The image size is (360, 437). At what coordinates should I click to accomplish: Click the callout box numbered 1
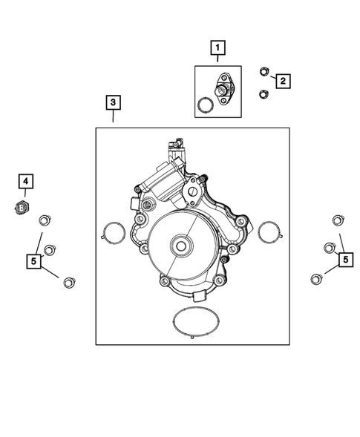[x=217, y=50]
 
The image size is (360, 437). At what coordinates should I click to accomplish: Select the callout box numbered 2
[x=283, y=81]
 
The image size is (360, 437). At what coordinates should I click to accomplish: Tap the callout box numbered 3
[x=113, y=102]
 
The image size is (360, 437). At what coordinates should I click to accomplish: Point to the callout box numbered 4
[x=24, y=181]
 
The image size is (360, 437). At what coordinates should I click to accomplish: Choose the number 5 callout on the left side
[x=33, y=260]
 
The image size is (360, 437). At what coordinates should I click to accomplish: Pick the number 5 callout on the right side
[x=345, y=259]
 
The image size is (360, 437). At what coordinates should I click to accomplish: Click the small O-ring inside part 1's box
[x=205, y=105]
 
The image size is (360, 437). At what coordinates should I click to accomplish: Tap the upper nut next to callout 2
[x=264, y=71]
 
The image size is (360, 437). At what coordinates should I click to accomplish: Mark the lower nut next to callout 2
[x=264, y=93]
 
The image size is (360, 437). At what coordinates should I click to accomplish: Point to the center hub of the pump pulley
[x=180, y=245]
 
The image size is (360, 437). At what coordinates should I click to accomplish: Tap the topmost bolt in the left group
[x=44, y=218]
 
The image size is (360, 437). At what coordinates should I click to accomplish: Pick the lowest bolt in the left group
[x=69, y=281]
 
